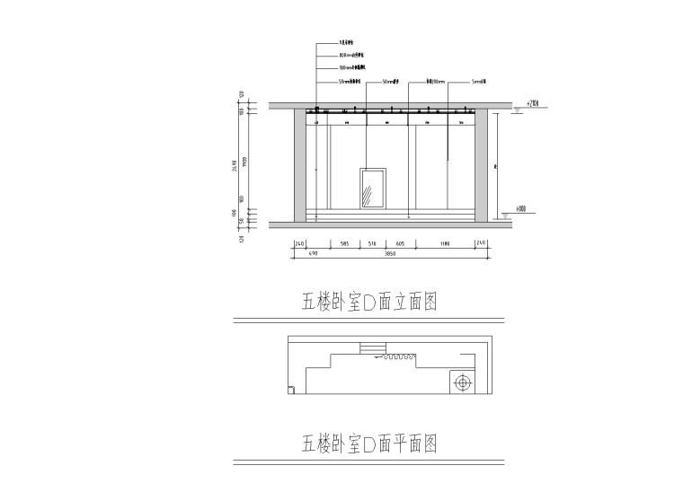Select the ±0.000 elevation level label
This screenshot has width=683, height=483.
click(521, 210)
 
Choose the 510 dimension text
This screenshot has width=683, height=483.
click(373, 243)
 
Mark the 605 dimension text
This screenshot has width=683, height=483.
click(400, 243)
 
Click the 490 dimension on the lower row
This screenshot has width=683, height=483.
click(302, 255)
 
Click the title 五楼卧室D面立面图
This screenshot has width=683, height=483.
click(369, 301)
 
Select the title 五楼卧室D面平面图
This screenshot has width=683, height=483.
click(369, 443)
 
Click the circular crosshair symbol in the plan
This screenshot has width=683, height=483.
click(462, 383)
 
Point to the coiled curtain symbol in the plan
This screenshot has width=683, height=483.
click(395, 357)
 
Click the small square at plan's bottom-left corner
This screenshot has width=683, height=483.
click(292, 389)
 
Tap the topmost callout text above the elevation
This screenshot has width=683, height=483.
click(346, 42)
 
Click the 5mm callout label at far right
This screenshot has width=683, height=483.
click(480, 82)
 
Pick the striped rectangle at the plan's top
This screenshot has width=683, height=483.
click(372, 347)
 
